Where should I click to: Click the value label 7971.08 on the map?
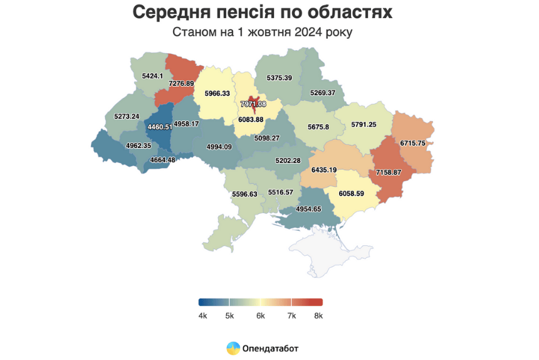253,103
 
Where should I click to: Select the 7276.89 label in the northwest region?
177,83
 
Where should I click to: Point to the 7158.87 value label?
392,172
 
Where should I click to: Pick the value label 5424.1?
153,76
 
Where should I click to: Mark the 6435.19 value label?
324,170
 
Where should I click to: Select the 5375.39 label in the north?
279,78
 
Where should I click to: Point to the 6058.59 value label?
355,194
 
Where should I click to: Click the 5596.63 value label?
244,194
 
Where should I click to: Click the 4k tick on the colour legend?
202,315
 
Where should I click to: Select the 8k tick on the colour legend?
318,315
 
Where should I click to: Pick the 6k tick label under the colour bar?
260,315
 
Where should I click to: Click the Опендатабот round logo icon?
232,347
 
